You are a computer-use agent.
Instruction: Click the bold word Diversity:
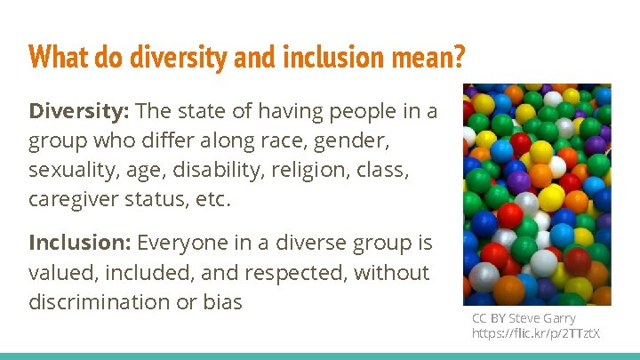pos(80,111)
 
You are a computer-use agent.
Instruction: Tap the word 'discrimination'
pos(100,302)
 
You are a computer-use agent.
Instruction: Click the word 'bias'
pos(222,302)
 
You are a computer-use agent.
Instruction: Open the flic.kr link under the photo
pos(536,333)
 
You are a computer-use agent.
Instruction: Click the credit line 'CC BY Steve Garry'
pos(524,318)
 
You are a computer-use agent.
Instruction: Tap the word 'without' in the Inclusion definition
pos(391,273)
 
